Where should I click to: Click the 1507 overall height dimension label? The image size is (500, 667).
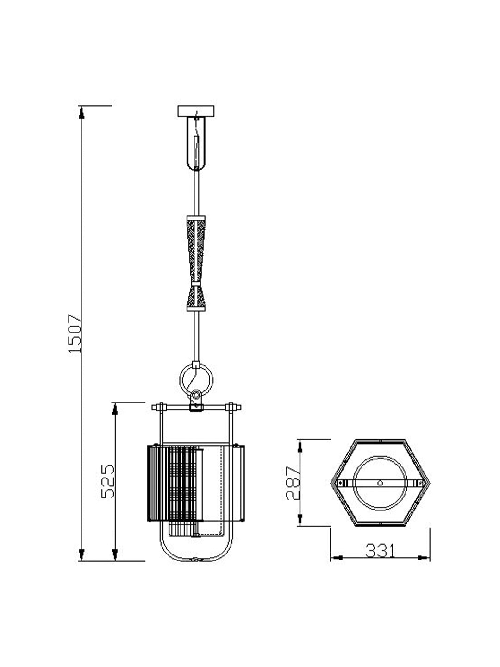75,333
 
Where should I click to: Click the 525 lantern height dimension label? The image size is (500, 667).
108,481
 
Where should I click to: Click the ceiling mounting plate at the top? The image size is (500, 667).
196,111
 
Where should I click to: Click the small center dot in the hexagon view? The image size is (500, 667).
380,483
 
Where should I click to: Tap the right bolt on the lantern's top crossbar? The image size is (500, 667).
231,407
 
